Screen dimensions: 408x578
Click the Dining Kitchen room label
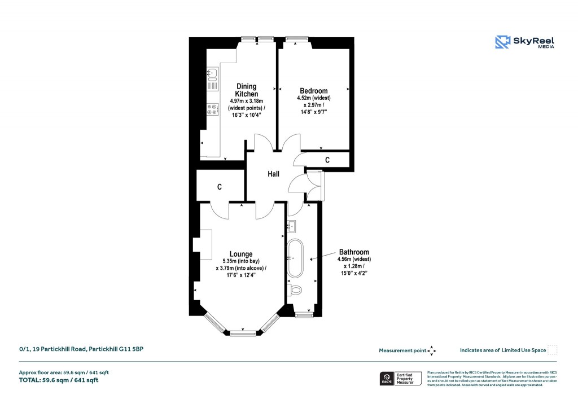tap(247, 90)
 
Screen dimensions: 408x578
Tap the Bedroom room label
tap(313, 91)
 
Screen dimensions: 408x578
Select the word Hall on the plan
tap(273, 174)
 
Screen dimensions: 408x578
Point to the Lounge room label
tap(241, 254)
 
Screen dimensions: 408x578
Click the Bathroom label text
tap(354, 252)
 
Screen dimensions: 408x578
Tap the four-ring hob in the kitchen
tap(213, 109)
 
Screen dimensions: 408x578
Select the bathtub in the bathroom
tap(295, 259)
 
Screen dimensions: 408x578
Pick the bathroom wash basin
tap(292, 226)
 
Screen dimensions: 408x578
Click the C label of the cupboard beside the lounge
tap(219, 187)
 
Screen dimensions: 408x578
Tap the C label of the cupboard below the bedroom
tap(327, 160)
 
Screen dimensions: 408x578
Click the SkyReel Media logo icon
tap(502, 41)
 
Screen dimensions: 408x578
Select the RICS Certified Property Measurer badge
tap(400, 378)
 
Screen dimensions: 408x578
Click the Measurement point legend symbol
tap(432, 350)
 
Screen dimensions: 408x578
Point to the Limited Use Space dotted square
tap(553, 350)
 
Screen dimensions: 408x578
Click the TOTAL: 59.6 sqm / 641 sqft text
tap(59, 380)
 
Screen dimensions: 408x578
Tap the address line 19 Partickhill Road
tap(82, 350)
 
